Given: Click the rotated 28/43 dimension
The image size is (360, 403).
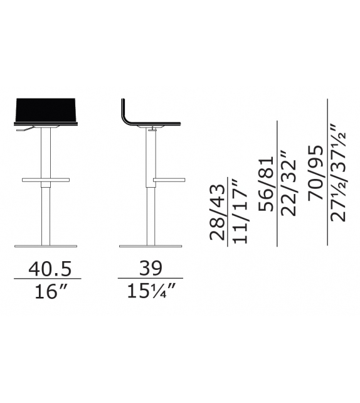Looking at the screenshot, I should pos(218,213).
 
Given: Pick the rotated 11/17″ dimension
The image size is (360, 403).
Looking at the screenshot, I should pos(241,212).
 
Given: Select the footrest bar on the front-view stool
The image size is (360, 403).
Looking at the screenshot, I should pos(45,180).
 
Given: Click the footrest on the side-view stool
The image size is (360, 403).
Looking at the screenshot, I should pos(170,180).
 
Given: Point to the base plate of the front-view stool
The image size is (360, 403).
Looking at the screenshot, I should pos(45,245).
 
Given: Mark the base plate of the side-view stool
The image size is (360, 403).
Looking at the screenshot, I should pos(151,245).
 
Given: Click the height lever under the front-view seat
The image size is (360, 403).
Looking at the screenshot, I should pos(23,131).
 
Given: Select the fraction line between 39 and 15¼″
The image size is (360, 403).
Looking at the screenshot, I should pos(151,279).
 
